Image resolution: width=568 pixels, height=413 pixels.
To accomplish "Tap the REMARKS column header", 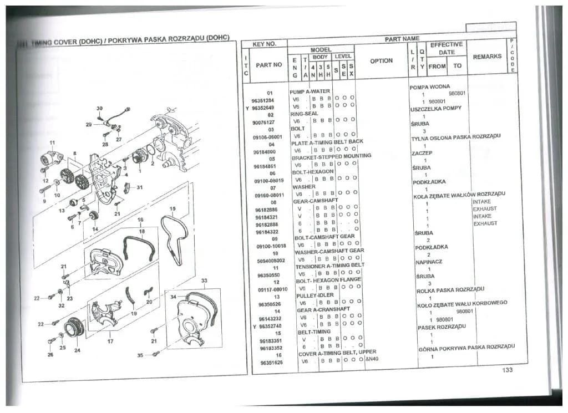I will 487,57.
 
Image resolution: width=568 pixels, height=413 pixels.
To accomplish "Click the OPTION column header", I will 381,61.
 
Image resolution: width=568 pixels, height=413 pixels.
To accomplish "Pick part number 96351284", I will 269,101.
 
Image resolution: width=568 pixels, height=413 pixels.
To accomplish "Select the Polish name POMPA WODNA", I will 429,87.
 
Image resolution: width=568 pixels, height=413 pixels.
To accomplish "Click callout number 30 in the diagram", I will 99,108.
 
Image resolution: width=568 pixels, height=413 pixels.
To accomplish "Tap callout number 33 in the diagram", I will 204,281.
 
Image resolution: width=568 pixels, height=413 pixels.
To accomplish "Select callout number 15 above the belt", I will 173,209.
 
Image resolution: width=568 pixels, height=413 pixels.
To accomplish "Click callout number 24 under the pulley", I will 77,350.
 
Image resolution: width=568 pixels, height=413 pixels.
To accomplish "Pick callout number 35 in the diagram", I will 140,354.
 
